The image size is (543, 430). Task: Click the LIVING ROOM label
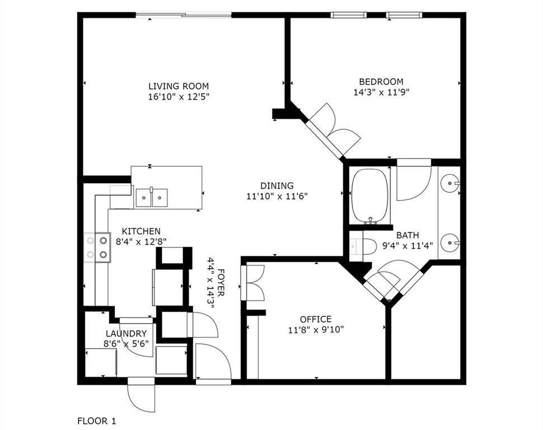click(x=178, y=86)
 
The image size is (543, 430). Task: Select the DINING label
click(x=277, y=186)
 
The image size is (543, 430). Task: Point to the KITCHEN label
click(x=141, y=231)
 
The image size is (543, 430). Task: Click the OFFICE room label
click(x=315, y=319)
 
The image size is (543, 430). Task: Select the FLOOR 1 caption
click(x=96, y=419)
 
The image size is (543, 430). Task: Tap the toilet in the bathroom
click(x=364, y=246)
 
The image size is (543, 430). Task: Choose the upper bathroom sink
click(x=450, y=183)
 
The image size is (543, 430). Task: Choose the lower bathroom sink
click(x=450, y=243)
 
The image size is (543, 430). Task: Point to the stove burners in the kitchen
click(x=97, y=247)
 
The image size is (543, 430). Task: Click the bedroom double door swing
click(x=335, y=128)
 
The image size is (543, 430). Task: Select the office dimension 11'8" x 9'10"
click(x=315, y=329)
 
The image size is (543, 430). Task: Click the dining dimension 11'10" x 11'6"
click(x=277, y=196)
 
